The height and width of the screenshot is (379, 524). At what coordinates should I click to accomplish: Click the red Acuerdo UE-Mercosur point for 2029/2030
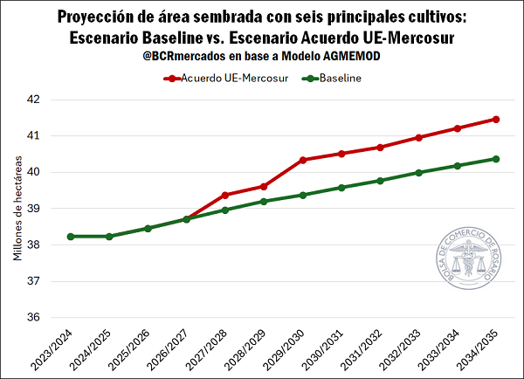[302, 160]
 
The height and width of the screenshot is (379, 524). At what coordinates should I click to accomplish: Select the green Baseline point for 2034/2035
[496, 159]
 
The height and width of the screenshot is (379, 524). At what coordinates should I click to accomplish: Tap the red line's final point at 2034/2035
[496, 119]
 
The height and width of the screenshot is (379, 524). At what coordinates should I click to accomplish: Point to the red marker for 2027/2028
[225, 195]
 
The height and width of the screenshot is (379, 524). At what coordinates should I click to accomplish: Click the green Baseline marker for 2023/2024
[71, 237]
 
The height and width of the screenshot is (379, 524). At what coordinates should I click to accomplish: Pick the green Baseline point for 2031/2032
[380, 181]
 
